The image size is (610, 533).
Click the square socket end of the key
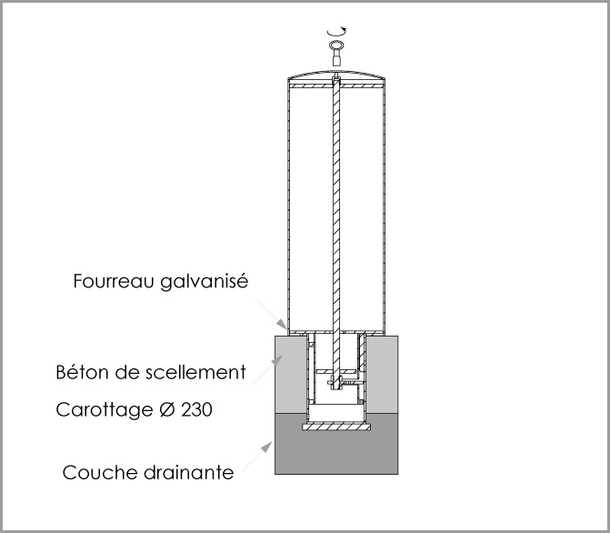point(336,60)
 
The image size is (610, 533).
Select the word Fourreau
point(114,281)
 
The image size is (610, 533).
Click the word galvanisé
point(204,281)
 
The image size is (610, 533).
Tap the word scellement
point(195,372)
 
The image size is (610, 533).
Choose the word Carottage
point(105,410)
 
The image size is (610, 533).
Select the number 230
point(197,409)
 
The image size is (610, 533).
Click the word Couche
point(100,473)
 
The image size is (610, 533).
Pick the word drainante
point(189,473)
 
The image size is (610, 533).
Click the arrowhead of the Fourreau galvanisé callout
point(282,324)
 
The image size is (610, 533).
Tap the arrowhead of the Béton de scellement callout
point(277,360)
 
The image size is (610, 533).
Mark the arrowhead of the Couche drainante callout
point(267,447)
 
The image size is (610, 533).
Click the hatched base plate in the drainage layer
point(336,427)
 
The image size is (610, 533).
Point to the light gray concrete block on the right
point(383,375)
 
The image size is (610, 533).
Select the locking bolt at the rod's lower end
point(336,382)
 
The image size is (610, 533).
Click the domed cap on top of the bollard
point(336,75)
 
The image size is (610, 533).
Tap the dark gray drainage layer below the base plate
point(336,453)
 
